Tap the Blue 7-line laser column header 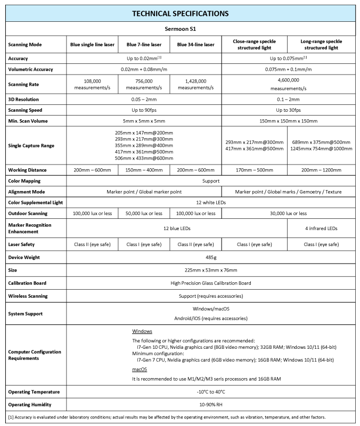(144, 45)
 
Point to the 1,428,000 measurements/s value (195, 84)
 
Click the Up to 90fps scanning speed (144, 110)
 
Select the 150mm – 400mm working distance (144, 170)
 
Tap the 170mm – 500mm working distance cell (254, 170)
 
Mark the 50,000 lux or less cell (144, 213)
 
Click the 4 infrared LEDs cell (321, 228)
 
